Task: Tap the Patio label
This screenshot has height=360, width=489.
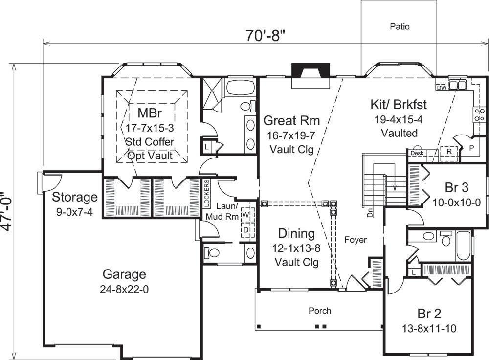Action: coord(400,26)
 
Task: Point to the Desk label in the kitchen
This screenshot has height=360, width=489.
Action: coord(417,153)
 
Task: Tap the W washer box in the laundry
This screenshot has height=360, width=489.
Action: coord(246,215)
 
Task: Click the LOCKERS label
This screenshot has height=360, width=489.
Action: coord(207,194)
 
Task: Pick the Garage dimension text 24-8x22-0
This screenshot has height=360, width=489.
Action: coord(124,289)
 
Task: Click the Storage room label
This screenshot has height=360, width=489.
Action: coord(75,197)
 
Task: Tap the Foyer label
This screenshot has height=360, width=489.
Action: coord(356,240)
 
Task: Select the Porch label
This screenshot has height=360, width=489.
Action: coord(320,311)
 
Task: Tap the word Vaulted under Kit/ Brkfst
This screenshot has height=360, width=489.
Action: coord(399,133)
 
